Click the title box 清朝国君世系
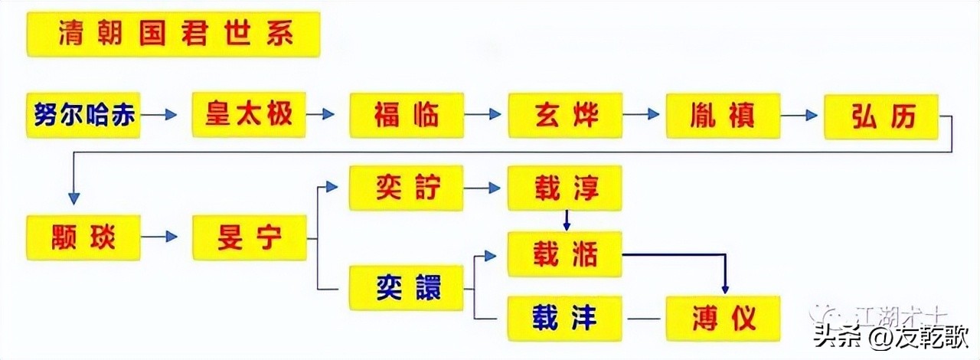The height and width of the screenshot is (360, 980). coord(173,34)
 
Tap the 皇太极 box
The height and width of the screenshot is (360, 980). coord(249,115)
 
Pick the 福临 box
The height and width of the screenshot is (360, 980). coord(407,115)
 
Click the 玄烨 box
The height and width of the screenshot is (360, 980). coord(565,115)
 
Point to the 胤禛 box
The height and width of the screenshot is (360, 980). coord(723,115)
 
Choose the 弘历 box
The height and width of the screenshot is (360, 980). coord(881,116)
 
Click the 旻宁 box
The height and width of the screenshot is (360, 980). coord(249,237)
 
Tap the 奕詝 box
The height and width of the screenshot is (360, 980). coord(407,188)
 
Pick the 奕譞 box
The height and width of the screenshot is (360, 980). coord(407,287)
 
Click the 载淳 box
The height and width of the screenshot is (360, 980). coord(565,188)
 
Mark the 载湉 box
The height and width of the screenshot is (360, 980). coord(565,254)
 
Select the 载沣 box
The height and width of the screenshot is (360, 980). coord(565,318)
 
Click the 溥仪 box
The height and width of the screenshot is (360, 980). coord(723,318)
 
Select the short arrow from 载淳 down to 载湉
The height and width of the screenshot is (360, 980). coord(567,220)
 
